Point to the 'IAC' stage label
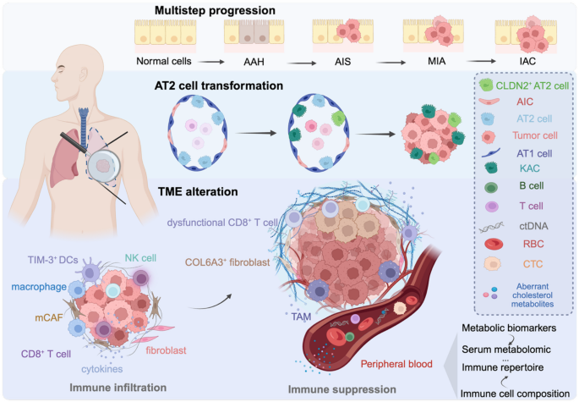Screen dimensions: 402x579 point(520,61)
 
